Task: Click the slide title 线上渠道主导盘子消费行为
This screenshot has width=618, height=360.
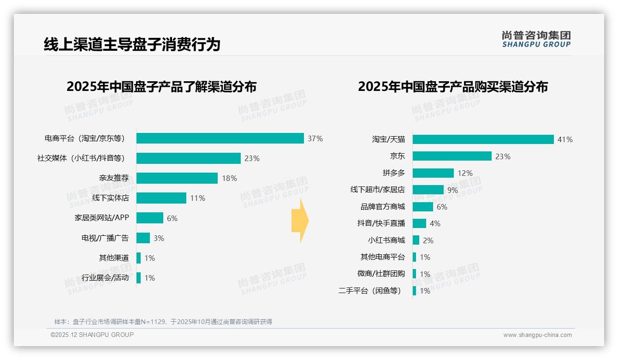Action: point(132,45)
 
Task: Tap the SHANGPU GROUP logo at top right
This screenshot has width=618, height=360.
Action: point(536,39)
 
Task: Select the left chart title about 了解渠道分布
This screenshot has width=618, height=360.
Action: point(161,87)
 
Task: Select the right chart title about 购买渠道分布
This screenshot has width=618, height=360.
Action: point(453,87)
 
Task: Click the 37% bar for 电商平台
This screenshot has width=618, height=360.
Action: point(220,138)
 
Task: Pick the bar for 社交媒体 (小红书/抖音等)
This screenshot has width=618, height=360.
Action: point(189,158)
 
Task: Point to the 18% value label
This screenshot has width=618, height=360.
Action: point(229,178)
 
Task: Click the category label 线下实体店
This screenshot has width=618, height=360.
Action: point(111,198)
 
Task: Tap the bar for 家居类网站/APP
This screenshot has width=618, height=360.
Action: point(150,218)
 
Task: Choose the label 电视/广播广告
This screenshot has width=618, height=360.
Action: point(105,238)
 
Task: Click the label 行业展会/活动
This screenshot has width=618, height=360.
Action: point(105,278)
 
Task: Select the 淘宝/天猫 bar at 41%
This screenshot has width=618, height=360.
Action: point(483,139)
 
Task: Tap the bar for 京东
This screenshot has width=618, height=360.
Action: point(452,156)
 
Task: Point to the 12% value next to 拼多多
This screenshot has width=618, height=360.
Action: point(465,173)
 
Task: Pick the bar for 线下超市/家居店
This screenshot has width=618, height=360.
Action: point(428,190)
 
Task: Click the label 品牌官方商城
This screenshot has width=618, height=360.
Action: point(383,207)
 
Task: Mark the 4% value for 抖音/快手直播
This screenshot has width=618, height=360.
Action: point(435,223)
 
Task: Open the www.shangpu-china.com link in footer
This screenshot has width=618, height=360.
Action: point(537,335)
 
